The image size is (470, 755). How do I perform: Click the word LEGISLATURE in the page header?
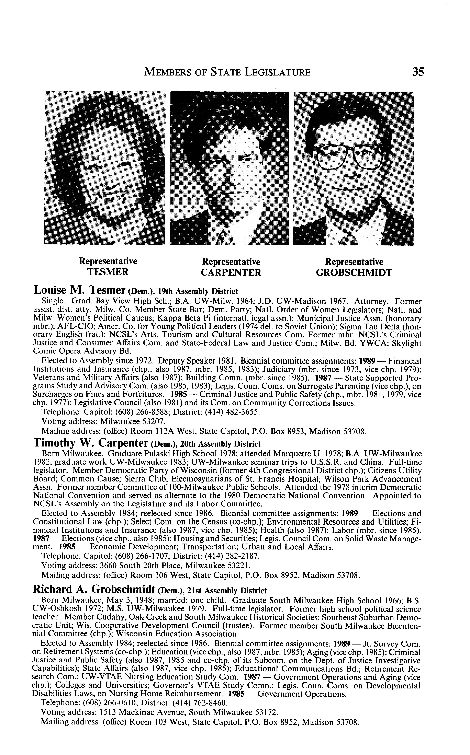pos(278,72)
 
